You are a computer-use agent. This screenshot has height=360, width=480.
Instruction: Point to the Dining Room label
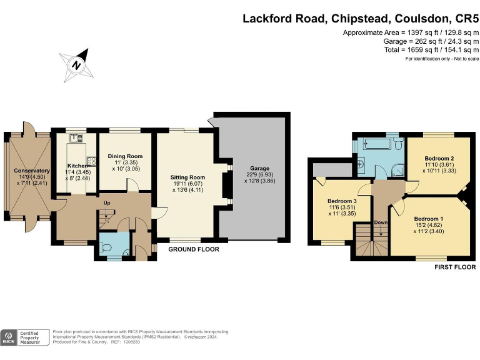(125, 156)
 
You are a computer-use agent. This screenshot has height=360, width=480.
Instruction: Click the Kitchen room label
(79, 165)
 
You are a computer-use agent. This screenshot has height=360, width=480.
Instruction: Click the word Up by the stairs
(107, 203)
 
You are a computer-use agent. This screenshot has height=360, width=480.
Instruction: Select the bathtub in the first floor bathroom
(374, 146)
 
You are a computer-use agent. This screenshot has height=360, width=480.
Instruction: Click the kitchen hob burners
(91, 160)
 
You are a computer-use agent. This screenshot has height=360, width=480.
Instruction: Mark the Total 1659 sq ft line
(431, 49)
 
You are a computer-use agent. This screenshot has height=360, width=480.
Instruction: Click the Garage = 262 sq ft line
(425, 41)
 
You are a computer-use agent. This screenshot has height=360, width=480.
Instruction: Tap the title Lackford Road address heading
(361, 18)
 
